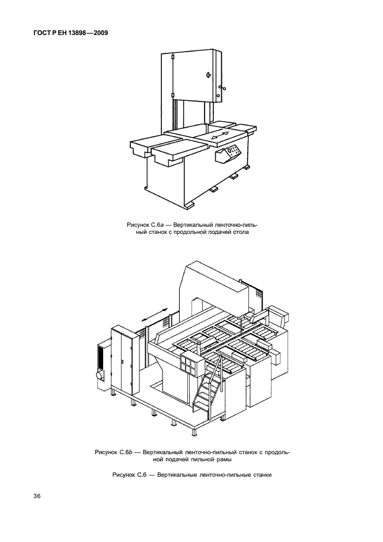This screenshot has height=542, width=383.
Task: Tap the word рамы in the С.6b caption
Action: tap(223, 459)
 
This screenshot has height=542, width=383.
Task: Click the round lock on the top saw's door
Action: tap(208, 75)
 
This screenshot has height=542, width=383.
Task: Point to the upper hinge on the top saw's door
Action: tap(171, 58)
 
